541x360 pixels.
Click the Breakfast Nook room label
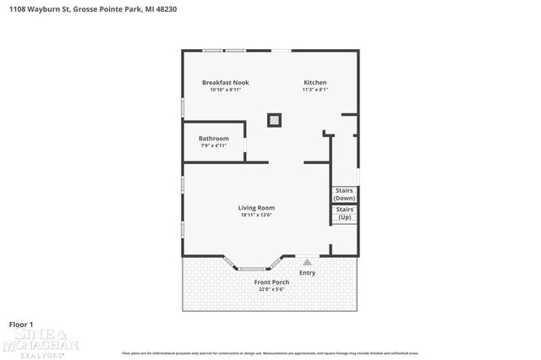[225, 83]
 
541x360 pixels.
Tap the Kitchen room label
[315, 83]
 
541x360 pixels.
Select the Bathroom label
[214, 139]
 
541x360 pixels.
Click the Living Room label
[257, 208]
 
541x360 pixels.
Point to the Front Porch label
[272, 282]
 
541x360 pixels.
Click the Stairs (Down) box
[344, 194]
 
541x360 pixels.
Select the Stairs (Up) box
[344, 214]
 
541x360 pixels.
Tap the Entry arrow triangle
[307, 263]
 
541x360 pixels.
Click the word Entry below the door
[307, 272]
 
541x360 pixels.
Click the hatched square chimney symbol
[274, 120]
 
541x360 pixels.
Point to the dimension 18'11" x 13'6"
[257, 215]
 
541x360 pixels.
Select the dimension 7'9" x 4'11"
[214, 145]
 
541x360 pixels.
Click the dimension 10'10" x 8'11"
[225, 90]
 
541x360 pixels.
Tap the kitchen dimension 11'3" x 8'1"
[315, 90]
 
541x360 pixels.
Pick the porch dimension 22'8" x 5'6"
[272, 289]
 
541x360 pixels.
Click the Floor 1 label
[21, 325]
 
